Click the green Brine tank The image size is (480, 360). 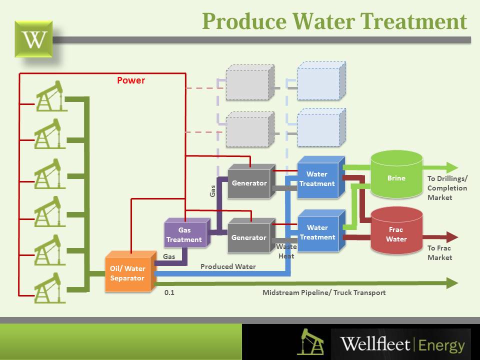click(396, 178)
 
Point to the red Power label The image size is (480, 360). click(131, 80)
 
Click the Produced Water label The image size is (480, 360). click(228, 266)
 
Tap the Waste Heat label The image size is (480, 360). click(286, 251)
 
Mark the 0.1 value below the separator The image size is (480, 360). click(169, 292)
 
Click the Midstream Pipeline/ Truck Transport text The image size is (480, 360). click(324, 292)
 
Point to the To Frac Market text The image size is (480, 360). click(439, 252)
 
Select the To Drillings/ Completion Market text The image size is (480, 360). click(447, 188)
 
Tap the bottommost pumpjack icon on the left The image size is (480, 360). click(50, 287)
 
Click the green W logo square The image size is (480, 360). click(34, 38)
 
